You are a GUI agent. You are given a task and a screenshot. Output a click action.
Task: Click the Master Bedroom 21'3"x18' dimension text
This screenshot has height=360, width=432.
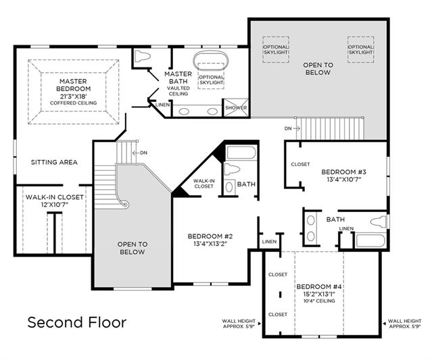[73, 97]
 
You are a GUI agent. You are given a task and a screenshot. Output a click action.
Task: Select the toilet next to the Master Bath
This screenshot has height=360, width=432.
[143, 57]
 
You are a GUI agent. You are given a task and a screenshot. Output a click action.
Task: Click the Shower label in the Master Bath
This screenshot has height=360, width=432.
[236, 107]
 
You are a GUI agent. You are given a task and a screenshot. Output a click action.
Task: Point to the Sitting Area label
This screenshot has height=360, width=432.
[54, 162]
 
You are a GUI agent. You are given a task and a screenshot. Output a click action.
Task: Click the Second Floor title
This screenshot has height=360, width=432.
[77, 322]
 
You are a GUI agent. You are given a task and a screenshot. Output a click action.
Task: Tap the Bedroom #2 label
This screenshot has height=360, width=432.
[210, 236]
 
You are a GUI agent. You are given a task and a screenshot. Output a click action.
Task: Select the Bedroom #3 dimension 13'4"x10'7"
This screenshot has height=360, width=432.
[344, 180]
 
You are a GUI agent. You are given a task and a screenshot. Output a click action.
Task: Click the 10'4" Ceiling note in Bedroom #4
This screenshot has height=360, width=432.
[319, 301]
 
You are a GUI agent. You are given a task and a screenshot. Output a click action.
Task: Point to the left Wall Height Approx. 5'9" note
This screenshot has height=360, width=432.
[239, 324]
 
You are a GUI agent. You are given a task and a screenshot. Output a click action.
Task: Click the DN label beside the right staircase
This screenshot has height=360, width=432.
[288, 128]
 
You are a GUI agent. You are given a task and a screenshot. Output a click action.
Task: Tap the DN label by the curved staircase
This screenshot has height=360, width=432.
[143, 153]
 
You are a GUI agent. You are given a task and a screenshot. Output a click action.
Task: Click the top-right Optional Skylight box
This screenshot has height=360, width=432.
[360, 49]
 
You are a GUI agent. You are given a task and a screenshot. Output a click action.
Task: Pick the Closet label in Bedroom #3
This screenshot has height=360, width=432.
[300, 164]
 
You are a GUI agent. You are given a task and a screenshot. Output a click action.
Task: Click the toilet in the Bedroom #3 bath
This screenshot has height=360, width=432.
[379, 222]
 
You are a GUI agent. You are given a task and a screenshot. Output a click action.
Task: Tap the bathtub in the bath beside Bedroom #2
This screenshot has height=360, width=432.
[241, 153]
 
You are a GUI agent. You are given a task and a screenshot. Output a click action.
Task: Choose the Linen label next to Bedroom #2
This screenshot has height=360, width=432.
[269, 242]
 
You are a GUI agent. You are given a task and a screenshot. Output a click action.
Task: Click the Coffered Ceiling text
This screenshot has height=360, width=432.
[73, 103]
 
